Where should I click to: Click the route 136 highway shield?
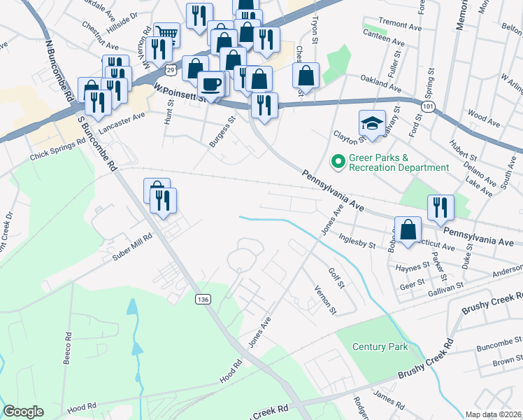click(203, 299)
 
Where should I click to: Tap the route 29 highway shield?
click(171, 69)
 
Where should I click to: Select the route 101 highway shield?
click(427, 104)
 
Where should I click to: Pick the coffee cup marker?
click(210, 85)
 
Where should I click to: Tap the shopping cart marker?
click(166, 34)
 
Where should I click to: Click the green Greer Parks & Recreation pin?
click(338, 162)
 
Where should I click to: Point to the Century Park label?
click(380, 346)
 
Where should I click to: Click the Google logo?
click(24, 412)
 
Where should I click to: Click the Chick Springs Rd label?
click(57, 155)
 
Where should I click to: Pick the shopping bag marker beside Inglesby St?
click(408, 229)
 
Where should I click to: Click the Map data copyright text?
click(493, 414)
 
